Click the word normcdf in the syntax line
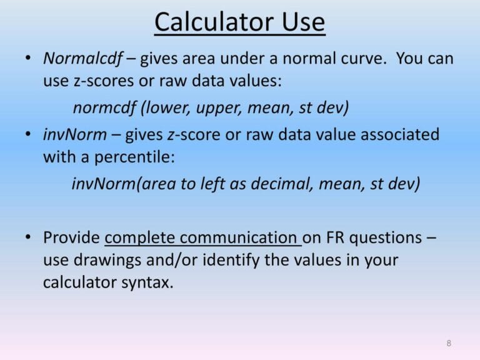point(104,107)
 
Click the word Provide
point(71,237)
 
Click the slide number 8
point(449,343)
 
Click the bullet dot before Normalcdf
point(28,59)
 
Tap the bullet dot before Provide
point(28,237)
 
